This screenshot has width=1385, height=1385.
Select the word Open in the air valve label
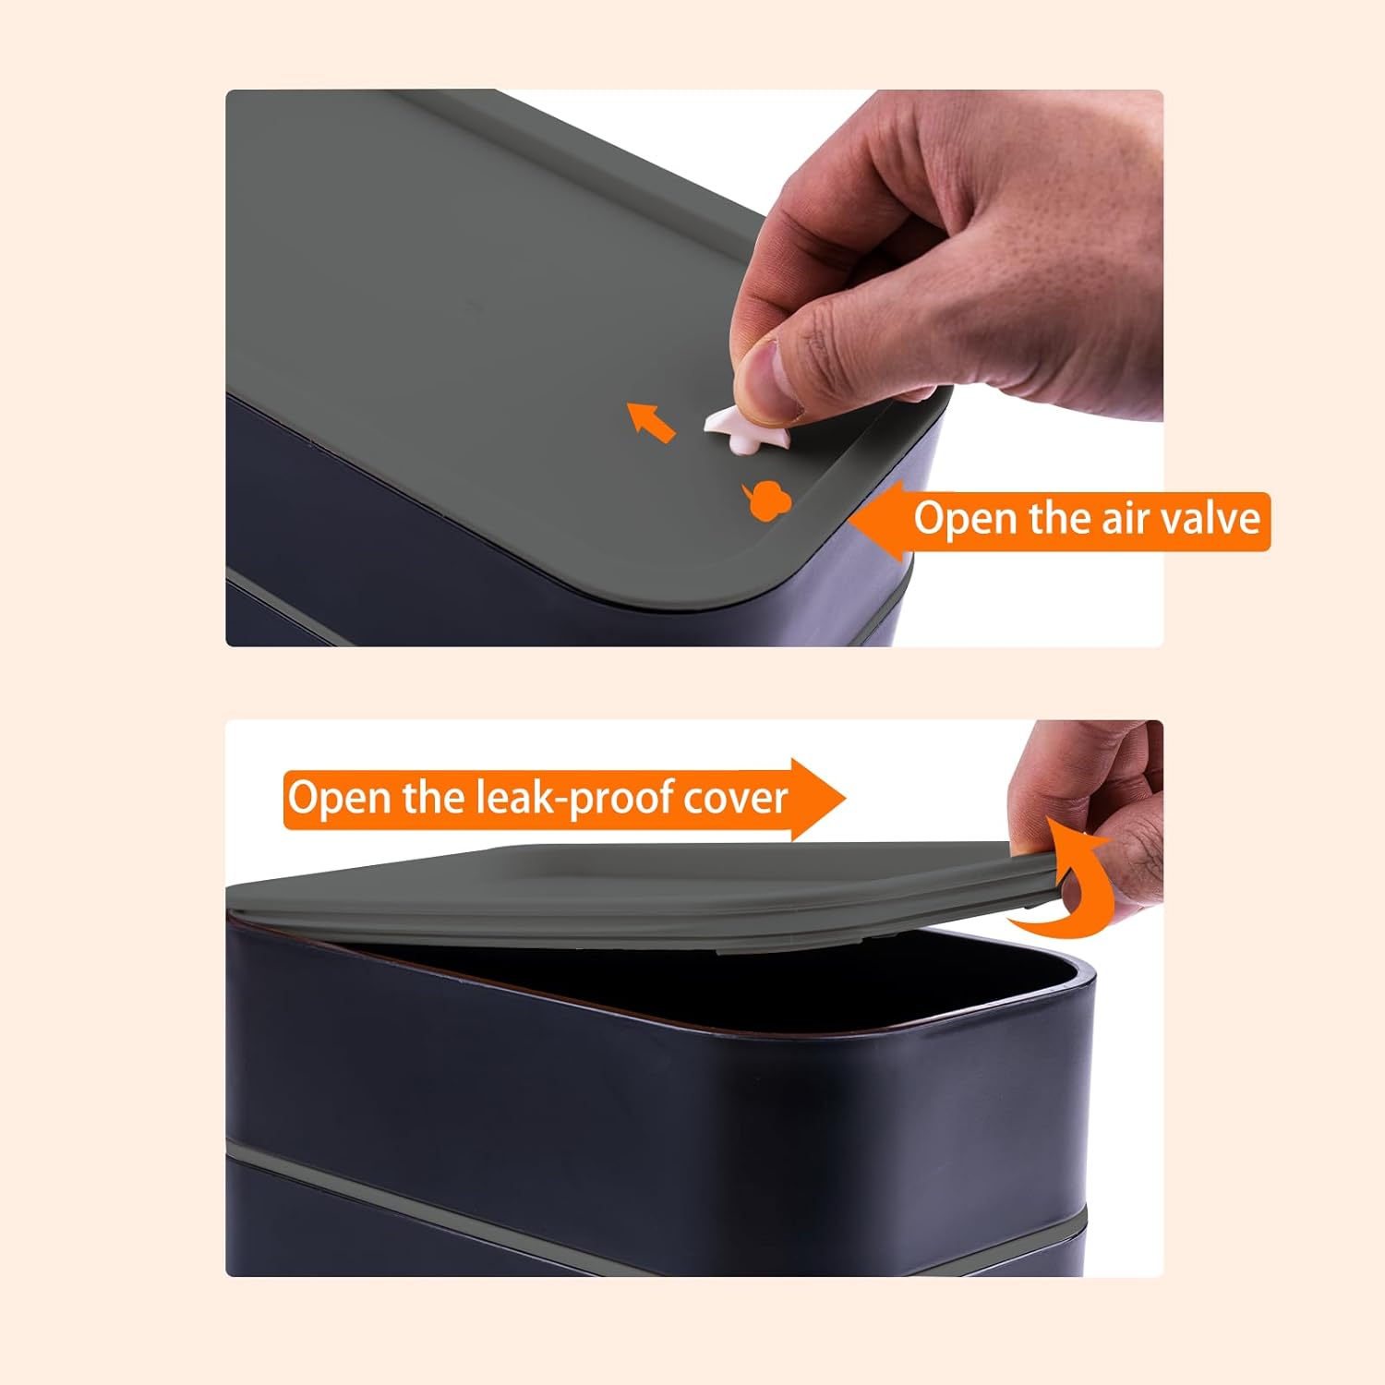click(x=966, y=519)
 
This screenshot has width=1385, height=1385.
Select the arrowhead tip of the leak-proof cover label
click(x=844, y=799)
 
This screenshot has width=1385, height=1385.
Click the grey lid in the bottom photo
click(x=646, y=891)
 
